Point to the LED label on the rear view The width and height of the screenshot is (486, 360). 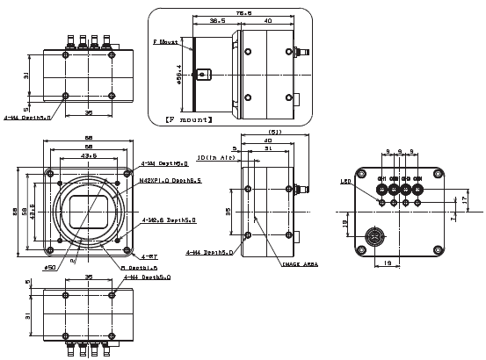[346, 183]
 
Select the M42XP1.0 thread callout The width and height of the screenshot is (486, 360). [170, 180]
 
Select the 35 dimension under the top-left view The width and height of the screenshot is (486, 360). [88, 112]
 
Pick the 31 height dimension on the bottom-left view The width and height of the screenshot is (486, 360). [29, 315]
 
